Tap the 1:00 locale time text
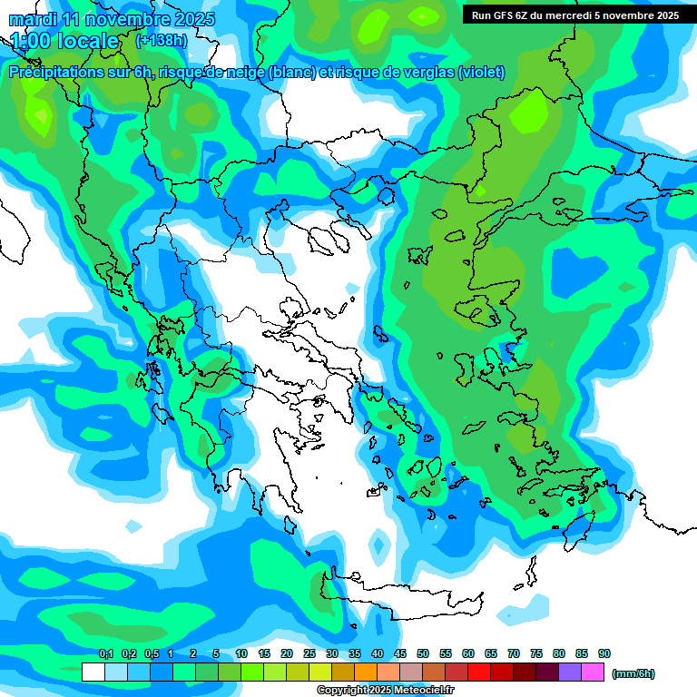click(65, 41)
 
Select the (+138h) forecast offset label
click(162, 41)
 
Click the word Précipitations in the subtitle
click(57, 73)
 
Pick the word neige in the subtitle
click(245, 73)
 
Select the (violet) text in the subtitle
click(481, 73)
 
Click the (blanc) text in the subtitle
click(291, 73)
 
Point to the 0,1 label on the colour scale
click(106, 654)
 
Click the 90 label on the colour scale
click(604, 654)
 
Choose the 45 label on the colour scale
click(400, 654)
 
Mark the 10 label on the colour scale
click(241, 654)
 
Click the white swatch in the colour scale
click(93, 672)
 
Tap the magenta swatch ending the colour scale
click(594, 672)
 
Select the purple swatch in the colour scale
click(570, 672)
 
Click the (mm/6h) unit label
click(633, 673)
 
